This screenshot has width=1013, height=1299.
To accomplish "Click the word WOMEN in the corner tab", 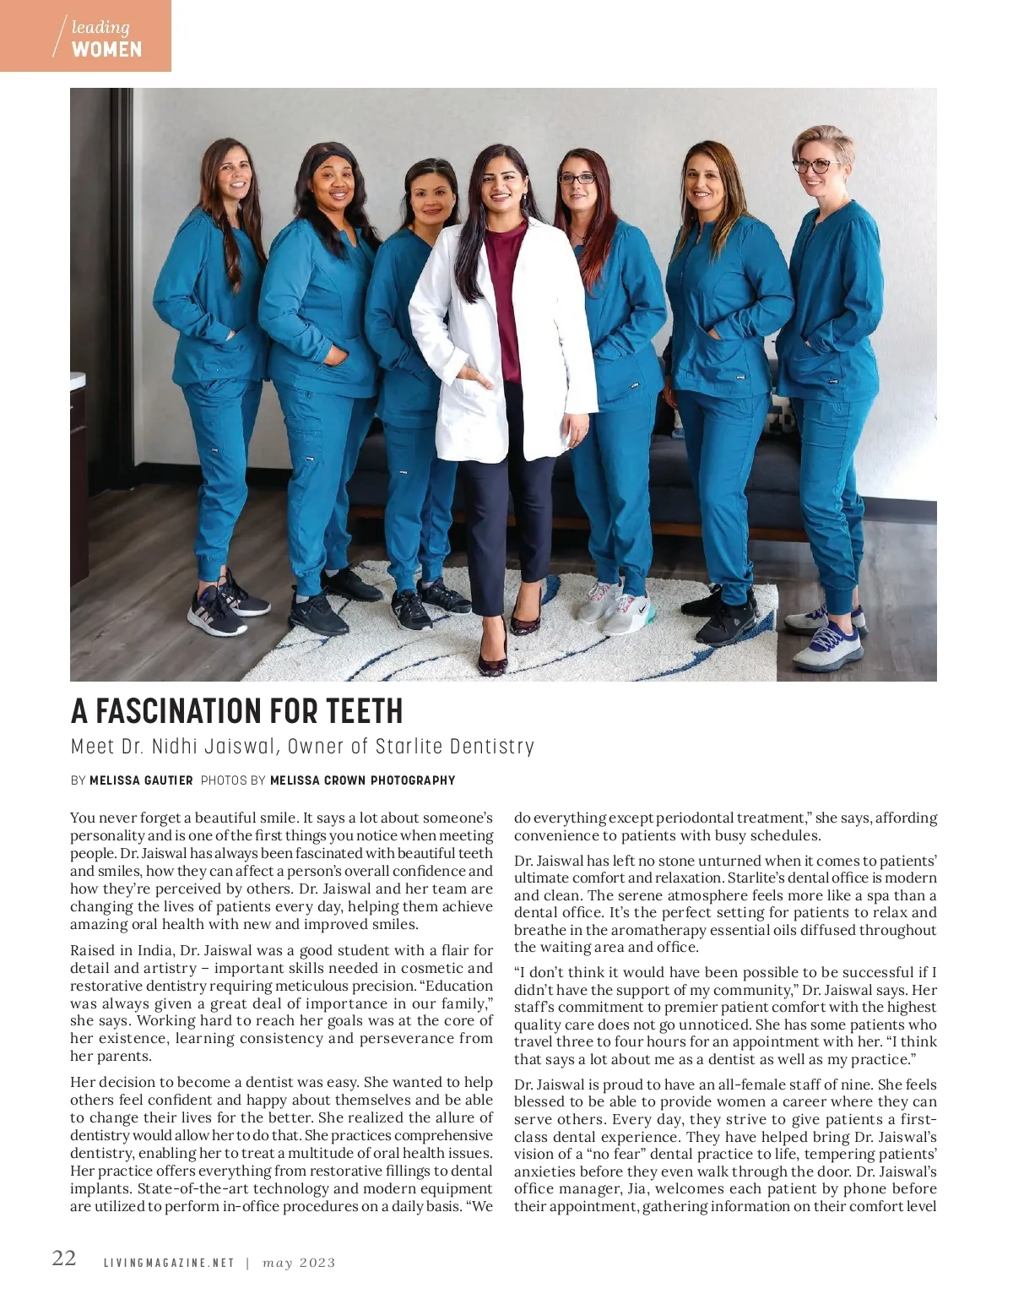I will click(x=106, y=49).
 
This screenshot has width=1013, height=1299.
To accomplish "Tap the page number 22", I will click(x=64, y=1258).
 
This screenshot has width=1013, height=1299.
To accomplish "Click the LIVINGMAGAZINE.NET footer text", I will click(x=169, y=1264).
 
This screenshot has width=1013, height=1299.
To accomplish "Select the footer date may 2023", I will click(x=299, y=1264).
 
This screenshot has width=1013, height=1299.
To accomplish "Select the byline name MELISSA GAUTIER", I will click(x=141, y=780).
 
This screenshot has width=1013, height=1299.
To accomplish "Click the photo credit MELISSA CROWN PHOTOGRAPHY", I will click(x=362, y=780).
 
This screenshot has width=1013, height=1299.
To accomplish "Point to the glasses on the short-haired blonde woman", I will click(x=813, y=166).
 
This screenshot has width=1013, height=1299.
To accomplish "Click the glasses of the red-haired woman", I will click(x=578, y=178).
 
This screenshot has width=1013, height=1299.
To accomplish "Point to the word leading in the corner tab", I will click(x=100, y=27).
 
